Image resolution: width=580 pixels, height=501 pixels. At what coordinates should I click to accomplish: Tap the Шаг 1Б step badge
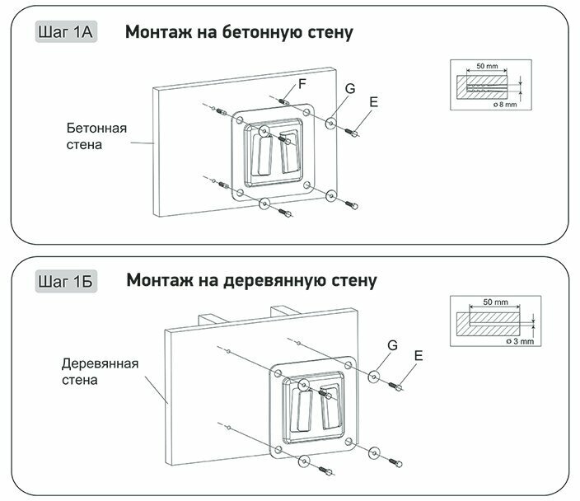click(66, 281)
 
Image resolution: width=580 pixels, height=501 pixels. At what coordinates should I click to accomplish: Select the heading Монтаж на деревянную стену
click(251, 281)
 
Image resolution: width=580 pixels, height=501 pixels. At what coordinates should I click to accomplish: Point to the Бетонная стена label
click(97, 137)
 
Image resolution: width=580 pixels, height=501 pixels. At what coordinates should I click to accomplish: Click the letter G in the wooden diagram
click(393, 347)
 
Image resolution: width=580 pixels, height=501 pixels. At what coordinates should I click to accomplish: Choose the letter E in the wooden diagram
click(419, 356)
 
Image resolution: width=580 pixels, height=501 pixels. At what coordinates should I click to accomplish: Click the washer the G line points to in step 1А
click(330, 124)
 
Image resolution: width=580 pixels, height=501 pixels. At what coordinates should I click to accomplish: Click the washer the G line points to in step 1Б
click(373, 377)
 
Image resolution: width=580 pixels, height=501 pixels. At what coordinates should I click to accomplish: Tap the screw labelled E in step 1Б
click(393, 384)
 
